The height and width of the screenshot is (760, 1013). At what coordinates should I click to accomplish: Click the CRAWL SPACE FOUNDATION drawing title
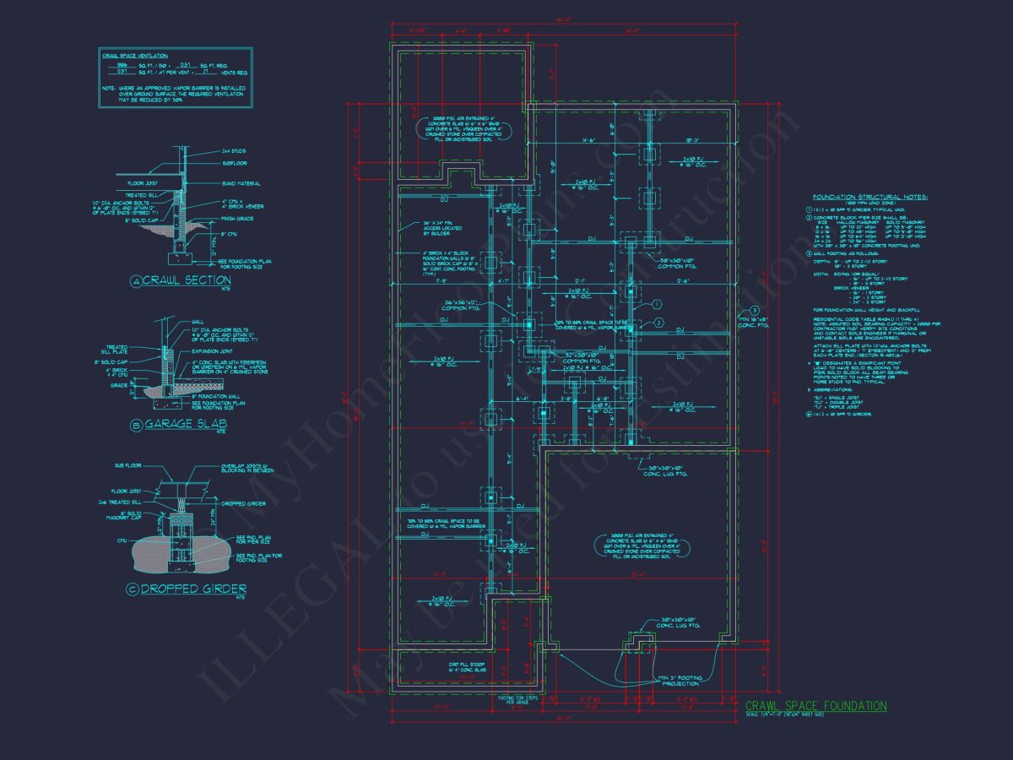click(815, 706)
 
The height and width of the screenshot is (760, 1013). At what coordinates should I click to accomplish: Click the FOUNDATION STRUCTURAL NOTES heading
click(869, 197)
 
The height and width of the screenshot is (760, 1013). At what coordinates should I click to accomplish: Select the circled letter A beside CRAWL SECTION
click(135, 281)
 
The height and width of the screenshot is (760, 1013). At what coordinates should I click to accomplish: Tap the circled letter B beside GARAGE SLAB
click(135, 426)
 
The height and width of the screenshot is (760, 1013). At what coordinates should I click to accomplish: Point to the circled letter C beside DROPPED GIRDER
click(132, 589)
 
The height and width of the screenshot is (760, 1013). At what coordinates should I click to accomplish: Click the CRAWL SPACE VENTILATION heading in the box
click(134, 56)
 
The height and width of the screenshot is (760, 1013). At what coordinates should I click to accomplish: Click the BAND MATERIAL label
click(241, 183)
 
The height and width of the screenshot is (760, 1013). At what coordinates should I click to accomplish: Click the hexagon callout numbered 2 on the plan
click(658, 323)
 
